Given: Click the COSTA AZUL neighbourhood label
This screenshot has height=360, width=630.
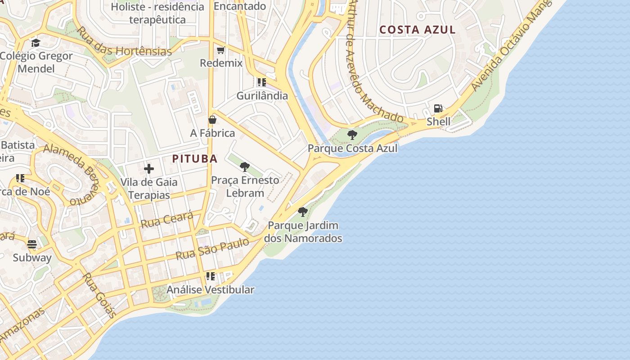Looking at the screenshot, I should [x=418, y=30].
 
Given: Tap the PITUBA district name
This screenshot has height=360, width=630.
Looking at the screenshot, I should [x=195, y=158].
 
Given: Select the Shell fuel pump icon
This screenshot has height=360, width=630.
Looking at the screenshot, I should [x=438, y=108].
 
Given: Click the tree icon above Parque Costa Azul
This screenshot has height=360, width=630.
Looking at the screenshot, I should [x=352, y=135].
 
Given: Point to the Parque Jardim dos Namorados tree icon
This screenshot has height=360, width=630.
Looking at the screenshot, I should [x=303, y=211].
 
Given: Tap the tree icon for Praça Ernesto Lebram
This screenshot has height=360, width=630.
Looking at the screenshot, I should [x=245, y=167].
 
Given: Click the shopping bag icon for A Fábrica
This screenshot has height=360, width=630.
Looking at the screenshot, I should [x=212, y=120].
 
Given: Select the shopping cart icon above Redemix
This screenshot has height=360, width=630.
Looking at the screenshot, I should [x=220, y=50].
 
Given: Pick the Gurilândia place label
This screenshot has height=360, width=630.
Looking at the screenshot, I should [x=262, y=95].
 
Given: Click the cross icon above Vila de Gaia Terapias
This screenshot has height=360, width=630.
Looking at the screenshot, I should [x=149, y=169].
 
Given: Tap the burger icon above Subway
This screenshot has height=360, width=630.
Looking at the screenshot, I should [x=32, y=244].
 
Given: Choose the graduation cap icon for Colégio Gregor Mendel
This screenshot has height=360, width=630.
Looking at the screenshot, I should [x=36, y=43].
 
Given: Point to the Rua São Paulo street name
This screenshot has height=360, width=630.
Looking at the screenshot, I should [x=212, y=249].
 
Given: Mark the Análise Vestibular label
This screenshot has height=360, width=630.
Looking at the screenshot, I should [x=210, y=290].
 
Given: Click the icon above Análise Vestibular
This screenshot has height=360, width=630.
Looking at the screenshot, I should [x=210, y=276].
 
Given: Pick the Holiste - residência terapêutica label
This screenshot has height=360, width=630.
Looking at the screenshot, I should [x=157, y=13].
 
